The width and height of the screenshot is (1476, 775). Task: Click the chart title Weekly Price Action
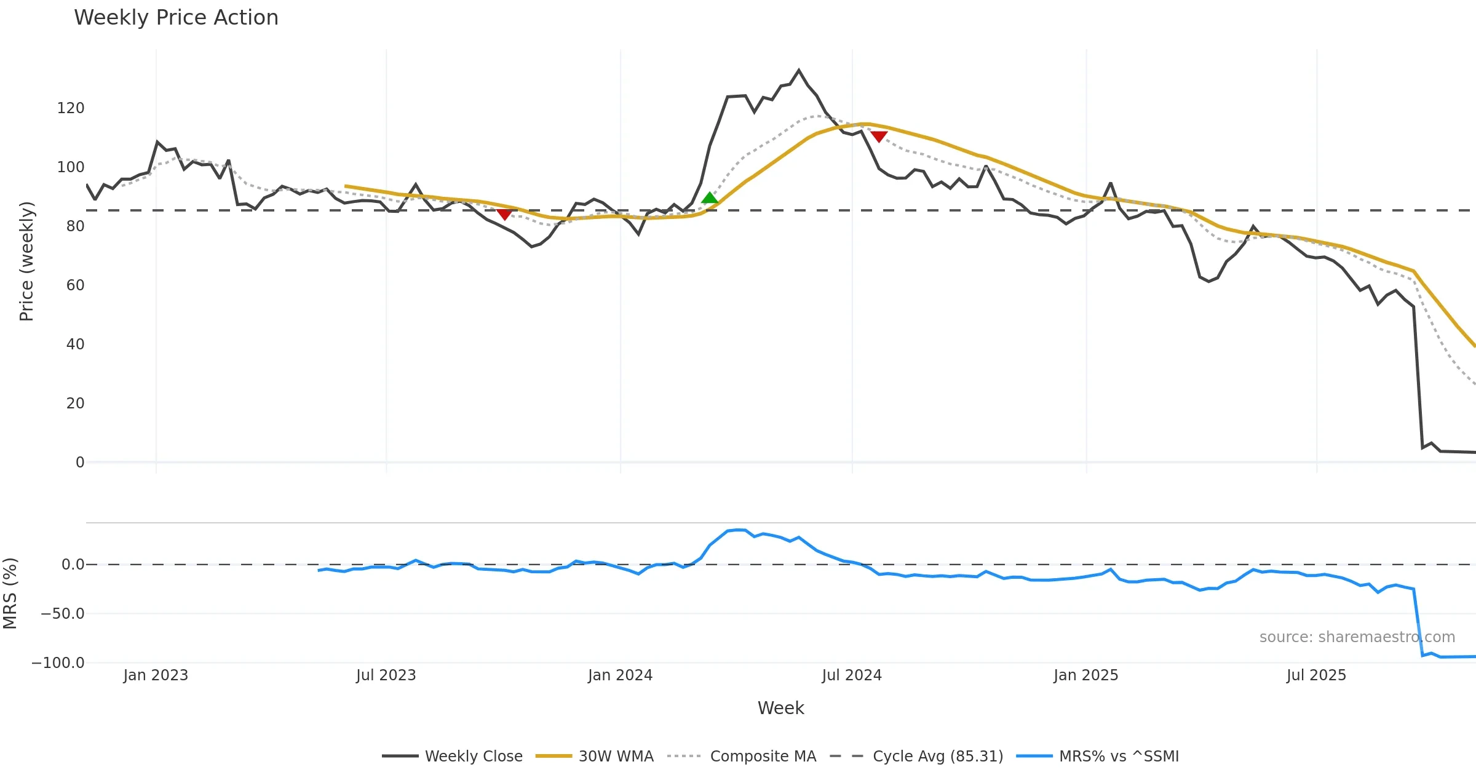[176, 18]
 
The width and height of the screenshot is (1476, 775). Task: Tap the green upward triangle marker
[710, 198]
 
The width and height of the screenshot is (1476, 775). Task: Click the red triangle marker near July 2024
[879, 136]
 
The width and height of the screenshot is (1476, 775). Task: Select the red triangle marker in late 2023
[504, 214]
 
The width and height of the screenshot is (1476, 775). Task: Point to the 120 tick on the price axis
[71, 108]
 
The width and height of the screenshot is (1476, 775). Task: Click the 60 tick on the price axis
[75, 285]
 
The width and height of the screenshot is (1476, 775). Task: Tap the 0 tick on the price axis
[80, 463]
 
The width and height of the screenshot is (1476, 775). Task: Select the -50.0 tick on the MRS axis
[63, 614]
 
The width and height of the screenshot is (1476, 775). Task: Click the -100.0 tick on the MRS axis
[58, 663]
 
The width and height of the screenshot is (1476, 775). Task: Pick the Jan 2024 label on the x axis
[620, 675]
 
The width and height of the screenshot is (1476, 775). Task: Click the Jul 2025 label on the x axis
[1316, 675]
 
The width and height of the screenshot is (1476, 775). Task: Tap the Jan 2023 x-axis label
[156, 675]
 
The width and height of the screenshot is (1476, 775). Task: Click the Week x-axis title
[780, 709]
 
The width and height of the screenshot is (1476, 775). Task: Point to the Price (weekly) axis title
[26, 261]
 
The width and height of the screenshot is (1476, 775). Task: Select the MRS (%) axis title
[10, 594]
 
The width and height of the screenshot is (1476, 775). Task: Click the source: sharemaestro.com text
[1357, 637]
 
